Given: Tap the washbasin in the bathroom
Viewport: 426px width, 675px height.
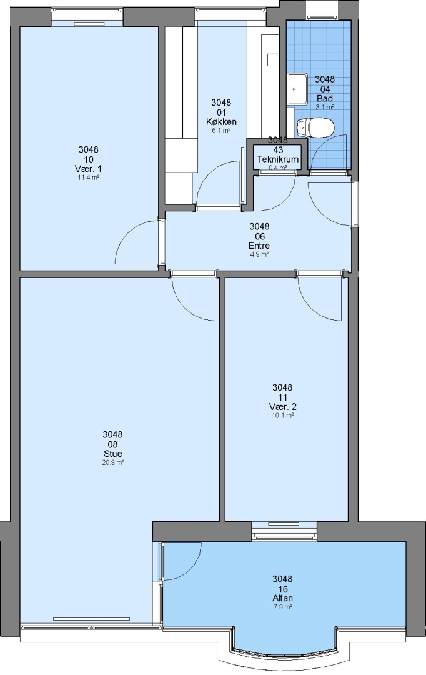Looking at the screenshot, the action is coord(297,89).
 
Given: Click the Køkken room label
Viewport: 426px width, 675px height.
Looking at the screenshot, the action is coord(221,121).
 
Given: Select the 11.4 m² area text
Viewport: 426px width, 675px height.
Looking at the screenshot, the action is coord(88,177).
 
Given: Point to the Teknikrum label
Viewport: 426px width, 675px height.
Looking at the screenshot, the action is coord(277,159).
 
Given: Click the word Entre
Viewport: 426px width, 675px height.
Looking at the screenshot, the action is coord(259,246).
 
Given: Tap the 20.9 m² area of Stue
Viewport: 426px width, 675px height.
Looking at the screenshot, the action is coord(112,462).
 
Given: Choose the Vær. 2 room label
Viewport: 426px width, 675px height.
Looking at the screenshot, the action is coord(283,407).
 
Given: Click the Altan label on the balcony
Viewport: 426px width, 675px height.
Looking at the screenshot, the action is coord(282,598).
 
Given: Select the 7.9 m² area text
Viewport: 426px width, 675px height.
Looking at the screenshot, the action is coord(282,607).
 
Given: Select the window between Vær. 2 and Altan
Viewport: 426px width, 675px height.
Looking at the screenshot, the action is coord(284,531).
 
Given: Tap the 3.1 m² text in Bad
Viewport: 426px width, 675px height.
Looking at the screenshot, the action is coord(325,107).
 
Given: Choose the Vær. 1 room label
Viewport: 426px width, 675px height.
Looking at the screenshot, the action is coord(88,168).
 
